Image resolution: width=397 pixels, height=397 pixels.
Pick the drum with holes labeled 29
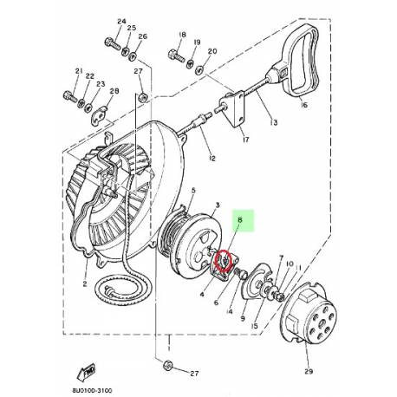(x=315, y=316)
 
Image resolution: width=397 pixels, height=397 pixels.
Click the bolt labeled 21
(x=70, y=93)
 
